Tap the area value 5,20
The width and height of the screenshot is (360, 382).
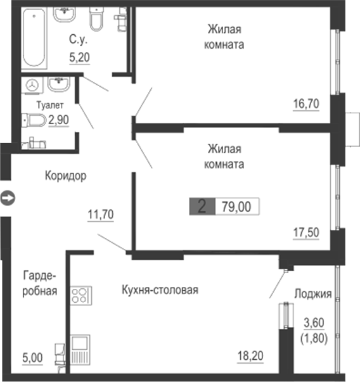pyautogui.click(x=79, y=57)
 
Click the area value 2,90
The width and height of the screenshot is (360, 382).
pyautogui.click(x=59, y=119)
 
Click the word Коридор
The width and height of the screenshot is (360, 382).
pyautogui.click(x=65, y=175)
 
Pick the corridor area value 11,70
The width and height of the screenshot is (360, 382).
pyautogui.click(x=100, y=214)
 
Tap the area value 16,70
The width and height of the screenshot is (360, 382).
pyautogui.click(x=306, y=103)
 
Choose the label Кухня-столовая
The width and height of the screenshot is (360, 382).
pyautogui.click(x=160, y=290)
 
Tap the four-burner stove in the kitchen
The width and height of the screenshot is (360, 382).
pyautogui.click(x=82, y=295)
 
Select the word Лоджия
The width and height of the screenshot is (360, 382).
pyautogui.click(x=313, y=293)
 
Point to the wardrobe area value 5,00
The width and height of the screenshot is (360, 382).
pyautogui.click(x=32, y=358)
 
